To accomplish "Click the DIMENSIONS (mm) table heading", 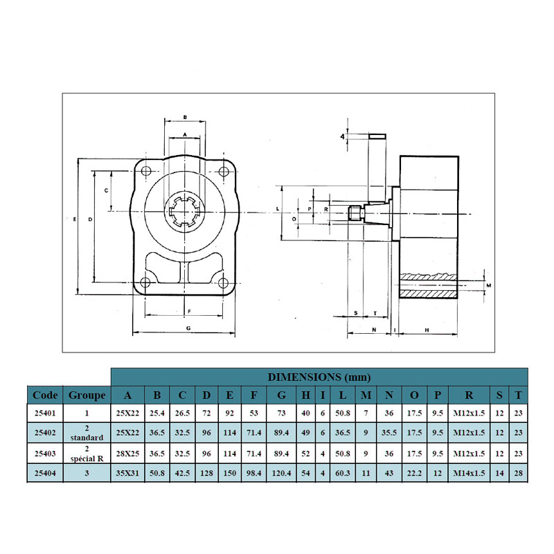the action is click(319, 377).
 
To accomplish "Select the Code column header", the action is click(45, 395).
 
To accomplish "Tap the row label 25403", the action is click(45, 454).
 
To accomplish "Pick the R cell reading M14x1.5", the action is click(469, 473).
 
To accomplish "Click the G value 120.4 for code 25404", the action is click(281, 473).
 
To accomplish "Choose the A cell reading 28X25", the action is click(127, 454).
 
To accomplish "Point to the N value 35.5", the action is click(389, 432).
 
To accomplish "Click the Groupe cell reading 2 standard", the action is click(87, 433).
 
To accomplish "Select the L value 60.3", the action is click(343, 473).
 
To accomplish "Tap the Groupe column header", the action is click(87, 395).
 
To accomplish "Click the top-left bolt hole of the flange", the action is click(146, 171).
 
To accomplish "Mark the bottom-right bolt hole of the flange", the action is click(223, 283).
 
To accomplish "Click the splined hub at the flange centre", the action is click(184, 212).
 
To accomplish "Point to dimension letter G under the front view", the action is click(188, 328).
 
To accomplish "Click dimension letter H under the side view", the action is click(427, 330).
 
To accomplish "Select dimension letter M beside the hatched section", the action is click(489, 285).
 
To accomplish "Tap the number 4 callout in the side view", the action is click(342, 136).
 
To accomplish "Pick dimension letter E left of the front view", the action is click(75, 220).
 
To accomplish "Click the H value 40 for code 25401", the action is click(305, 413).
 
